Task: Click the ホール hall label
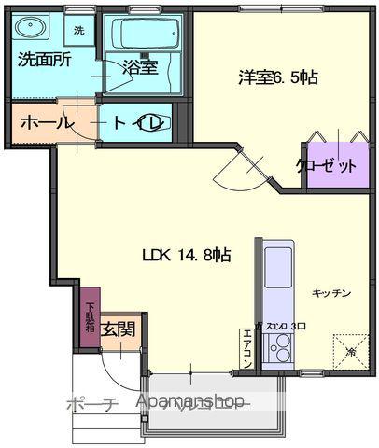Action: pyautogui.click(x=40, y=123)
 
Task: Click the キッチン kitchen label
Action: pyautogui.click(x=331, y=293)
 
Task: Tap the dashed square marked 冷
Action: pyautogui.click(x=349, y=351)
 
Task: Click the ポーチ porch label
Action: pyautogui.click(x=91, y=404)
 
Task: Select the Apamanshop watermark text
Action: pyautogui.click(x=191, y=402)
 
